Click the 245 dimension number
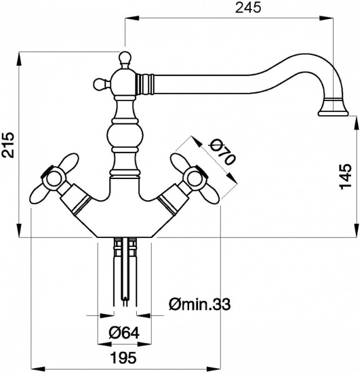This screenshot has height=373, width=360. tap(248, 8)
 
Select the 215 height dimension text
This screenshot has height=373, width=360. tap(8, 145)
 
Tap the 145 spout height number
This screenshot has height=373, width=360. tap(346, 176)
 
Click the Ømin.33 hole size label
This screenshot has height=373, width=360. tap(200, 304)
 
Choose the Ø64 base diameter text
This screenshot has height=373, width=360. tap(123, 333)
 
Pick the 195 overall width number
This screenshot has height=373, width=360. tap(124, 357)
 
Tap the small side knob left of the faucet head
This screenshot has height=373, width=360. tap(98, 83)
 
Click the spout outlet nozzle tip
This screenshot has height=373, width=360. tap(334, 113)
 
